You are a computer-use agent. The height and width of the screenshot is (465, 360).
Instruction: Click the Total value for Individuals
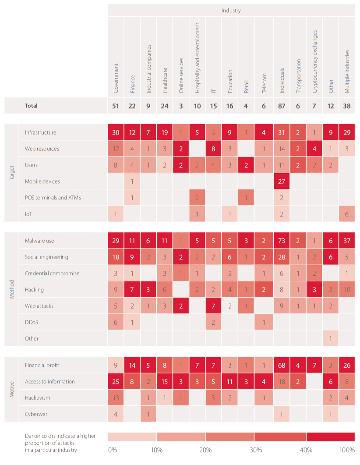(x=282, y=106)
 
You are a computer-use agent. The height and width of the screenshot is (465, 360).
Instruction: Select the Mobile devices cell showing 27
(x=282, y=181)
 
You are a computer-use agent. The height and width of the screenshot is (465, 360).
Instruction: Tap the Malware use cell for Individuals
(x=282, y=241)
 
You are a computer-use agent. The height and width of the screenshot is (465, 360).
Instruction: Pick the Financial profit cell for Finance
(x=132, y=365)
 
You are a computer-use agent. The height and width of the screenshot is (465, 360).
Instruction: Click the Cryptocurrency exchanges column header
(x=314, y=61)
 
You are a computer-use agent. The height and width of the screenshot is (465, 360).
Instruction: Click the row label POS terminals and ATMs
(x=53, y=197)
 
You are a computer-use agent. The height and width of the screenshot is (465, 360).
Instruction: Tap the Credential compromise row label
(x=52, y=273)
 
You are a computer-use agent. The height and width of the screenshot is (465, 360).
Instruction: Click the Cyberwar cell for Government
(x=116, y=414)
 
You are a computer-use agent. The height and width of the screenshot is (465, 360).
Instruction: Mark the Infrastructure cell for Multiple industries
(x=347, y=132)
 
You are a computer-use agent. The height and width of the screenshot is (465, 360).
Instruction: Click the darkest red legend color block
(x=330, y=437)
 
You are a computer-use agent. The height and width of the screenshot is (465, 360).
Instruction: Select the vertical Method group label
(x=12, y=290)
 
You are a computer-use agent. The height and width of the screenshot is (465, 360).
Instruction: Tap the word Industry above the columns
(x=231, y=10)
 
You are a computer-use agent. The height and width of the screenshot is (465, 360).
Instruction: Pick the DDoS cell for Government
(x=116, y=322)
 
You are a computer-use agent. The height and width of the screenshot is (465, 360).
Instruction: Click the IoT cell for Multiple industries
(x=347, y=213)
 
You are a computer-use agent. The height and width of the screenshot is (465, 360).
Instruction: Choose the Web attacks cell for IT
(x=213, y=305)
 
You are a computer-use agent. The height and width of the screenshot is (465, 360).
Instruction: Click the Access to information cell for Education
(x=230, y=381)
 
